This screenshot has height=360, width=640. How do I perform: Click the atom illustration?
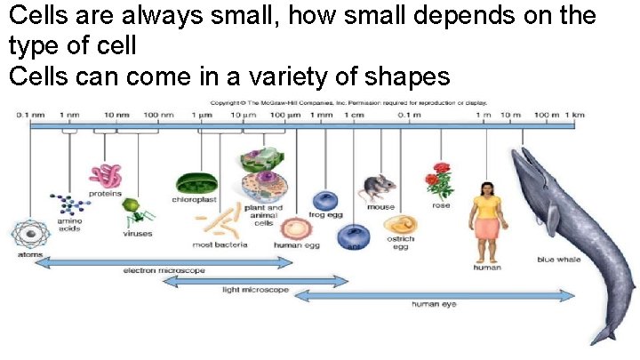point(29,235)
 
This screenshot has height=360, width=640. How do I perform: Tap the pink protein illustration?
point(105,174)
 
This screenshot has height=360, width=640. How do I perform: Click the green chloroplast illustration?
point(194,183)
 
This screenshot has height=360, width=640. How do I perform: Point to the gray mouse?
point(377,188)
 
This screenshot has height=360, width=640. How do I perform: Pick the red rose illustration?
point(438,180)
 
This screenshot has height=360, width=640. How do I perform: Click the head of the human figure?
point(487,188)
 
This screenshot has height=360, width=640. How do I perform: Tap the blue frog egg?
point(324,201)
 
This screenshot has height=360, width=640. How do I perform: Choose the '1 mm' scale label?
point(324,115)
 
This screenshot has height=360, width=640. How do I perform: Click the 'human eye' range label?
point(434,304)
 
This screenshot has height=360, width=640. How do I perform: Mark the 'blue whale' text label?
point(557,260)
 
